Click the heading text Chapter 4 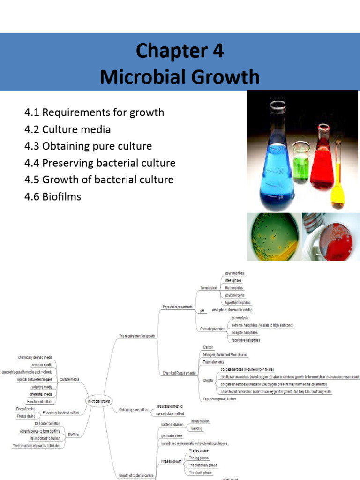(x=180, y=50)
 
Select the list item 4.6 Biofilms (x=52, y=196)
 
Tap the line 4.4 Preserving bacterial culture (x=99, y=163)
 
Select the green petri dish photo (x=273, y=237)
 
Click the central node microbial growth (x=99, y=401)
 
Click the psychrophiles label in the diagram (x=234, y=273)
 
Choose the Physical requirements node (x=177, y=307)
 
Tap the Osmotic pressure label (x=212, y=329)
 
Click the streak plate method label (x=169, y=406)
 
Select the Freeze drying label (x=26, y=416)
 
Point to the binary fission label (x=200, y=421)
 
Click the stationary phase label (x=203, y=465)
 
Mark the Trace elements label (x=213, y=362)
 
